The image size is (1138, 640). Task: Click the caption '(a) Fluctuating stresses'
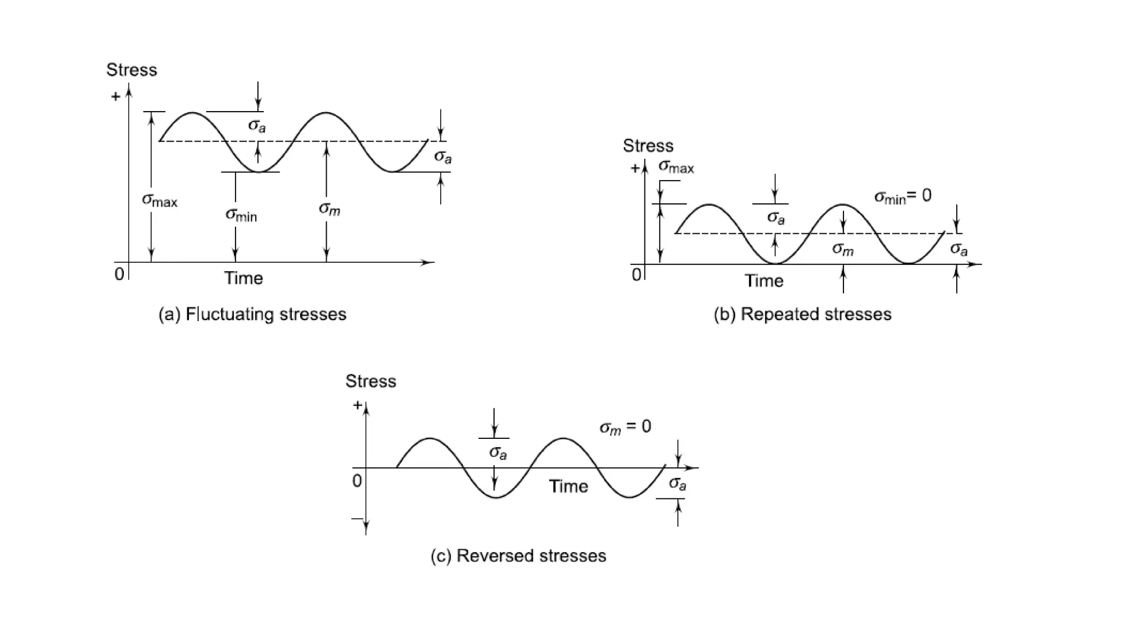click(252, 314)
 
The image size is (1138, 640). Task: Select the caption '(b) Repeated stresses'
click(802, 314)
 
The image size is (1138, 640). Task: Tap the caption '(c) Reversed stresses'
click(518, 556)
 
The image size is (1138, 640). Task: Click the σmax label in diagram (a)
click(159, 200)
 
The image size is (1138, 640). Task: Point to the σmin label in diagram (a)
click(241, 214)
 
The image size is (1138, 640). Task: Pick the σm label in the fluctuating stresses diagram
click(330, 209)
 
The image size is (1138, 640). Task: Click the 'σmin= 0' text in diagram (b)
click(902, 196)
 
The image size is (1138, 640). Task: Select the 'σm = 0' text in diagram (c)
click(625, 427)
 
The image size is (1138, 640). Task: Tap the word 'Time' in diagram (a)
click(243, 278)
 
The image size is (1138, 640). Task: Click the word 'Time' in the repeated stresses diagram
click(764, 281)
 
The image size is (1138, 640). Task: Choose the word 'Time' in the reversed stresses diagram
click(568, 487)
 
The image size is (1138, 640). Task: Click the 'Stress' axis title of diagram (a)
click(132, 70)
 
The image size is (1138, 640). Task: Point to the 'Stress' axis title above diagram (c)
click(371, 381)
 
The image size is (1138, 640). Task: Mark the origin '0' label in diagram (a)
click(119, 274)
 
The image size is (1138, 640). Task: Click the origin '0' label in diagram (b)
click(636, 274)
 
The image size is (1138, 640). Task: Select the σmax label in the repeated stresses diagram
click(676, 167)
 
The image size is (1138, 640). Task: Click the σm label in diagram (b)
click(842, 249)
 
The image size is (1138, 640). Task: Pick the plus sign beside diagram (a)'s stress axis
click(116, 97)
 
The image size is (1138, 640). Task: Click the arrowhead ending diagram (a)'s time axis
click(428, 262)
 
